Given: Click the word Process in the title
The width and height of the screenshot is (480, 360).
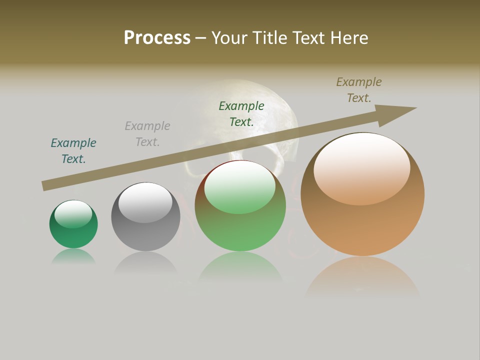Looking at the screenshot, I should tap(157, 38).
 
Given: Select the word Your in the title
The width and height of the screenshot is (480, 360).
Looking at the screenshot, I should tap(230, 38).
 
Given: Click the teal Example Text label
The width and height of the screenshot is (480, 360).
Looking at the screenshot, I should tap(73, 151).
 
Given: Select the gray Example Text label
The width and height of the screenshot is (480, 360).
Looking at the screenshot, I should tap(147, 134).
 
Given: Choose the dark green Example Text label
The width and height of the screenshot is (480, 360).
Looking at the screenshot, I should tap(241, 113).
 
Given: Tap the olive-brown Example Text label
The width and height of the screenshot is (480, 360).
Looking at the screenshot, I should tap(359, 90).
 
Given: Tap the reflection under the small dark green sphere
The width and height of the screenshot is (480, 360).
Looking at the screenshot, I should tap(73, 257).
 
